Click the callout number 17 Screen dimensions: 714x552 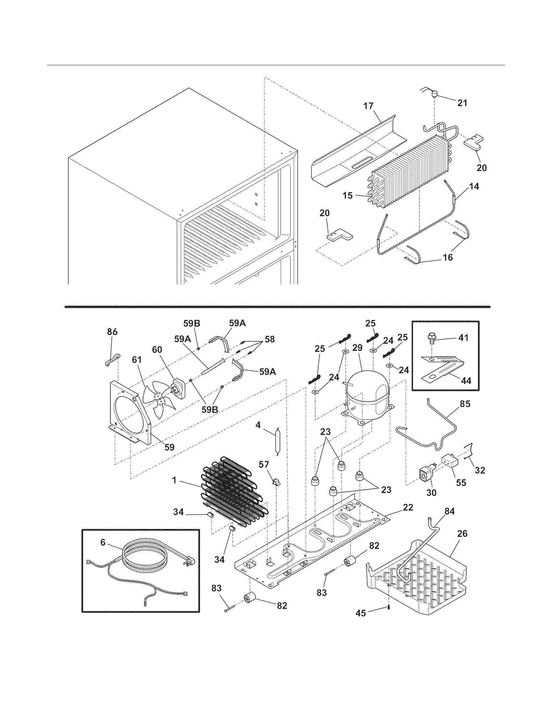click(x=368, y=106)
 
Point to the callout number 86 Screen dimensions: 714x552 click(x=112, y=332)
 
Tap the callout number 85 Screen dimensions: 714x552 click(x=465, y=404)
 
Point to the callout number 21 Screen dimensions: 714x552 click(x=462, y=103)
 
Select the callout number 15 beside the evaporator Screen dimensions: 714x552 click(x=348, y=195)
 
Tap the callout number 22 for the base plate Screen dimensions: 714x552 click(x=408, y=507)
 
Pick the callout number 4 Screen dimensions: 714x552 click(x=258, y=425)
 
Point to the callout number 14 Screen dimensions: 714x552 click(x=474, y=187)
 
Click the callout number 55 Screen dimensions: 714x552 click(x=461, y=483)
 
